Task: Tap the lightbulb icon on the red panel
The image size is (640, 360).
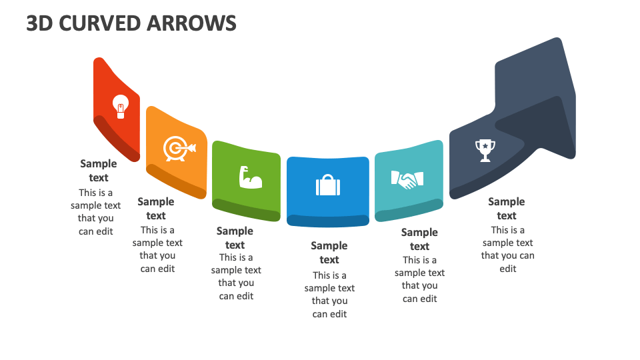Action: (x=120, y=106)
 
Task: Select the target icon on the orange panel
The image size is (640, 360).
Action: (x=177, y=148)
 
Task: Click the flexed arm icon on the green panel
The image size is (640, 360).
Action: (x=249, y=177)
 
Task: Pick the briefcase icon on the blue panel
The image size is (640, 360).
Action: (x=328, y=185)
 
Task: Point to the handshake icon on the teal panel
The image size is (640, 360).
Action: (x=407, y=179)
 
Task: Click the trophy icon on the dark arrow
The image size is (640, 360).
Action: (x=485, y=150)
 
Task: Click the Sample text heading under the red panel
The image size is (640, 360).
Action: (x=99, y=171)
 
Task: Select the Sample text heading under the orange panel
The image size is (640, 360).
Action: (x=156, y=209)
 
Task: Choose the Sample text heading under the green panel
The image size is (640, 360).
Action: (x=235, y=238)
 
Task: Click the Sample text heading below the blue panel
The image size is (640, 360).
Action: (x=329, y=253)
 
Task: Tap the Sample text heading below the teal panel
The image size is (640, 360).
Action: (x=419, y=239)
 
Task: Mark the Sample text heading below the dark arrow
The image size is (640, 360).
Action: (x=507, y=209)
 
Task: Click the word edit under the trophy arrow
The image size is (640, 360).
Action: (x=508, y=269)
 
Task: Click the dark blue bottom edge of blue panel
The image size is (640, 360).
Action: (x=327, y=220)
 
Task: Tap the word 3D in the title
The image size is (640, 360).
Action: (x=39, y=23)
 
